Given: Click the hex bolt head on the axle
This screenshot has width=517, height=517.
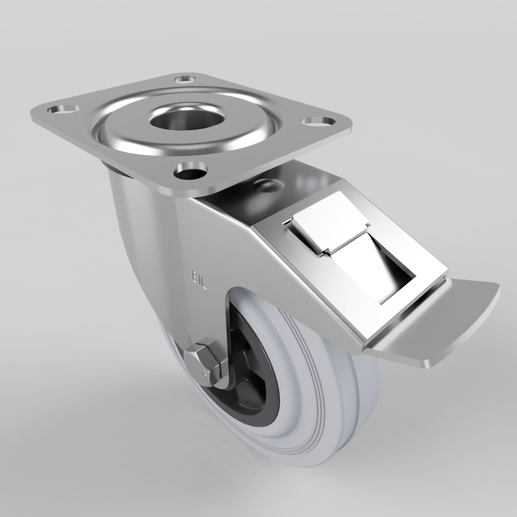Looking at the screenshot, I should point(205,362).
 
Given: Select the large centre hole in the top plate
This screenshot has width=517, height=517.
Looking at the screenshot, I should point(187,120).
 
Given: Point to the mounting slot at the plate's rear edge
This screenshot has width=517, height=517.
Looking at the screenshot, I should point(184,79).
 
